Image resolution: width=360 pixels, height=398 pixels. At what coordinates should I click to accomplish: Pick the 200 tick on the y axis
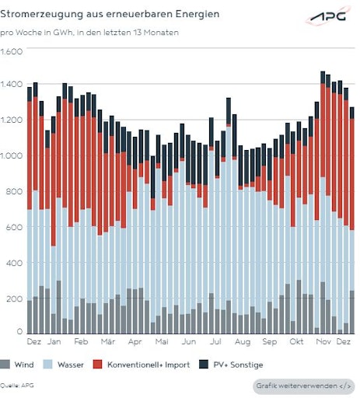[9, 298]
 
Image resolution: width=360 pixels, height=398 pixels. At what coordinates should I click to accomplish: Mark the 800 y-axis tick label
[9, 192]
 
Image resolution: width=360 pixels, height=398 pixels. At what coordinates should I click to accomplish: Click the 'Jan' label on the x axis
[54, 342]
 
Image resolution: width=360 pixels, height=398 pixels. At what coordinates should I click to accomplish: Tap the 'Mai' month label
[162, 342]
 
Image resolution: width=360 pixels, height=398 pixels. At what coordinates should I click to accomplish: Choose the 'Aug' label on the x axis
[242, 342]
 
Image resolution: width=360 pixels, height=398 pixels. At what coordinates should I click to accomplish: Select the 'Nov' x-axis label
[322, 342]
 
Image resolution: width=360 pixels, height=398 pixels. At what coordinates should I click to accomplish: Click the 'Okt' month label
[295, 342]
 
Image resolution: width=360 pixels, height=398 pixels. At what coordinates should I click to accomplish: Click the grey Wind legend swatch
[7, 365]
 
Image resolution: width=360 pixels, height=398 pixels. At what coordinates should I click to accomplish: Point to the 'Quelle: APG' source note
[17, 385]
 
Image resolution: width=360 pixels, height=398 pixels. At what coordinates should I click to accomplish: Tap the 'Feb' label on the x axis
[81, 342]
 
